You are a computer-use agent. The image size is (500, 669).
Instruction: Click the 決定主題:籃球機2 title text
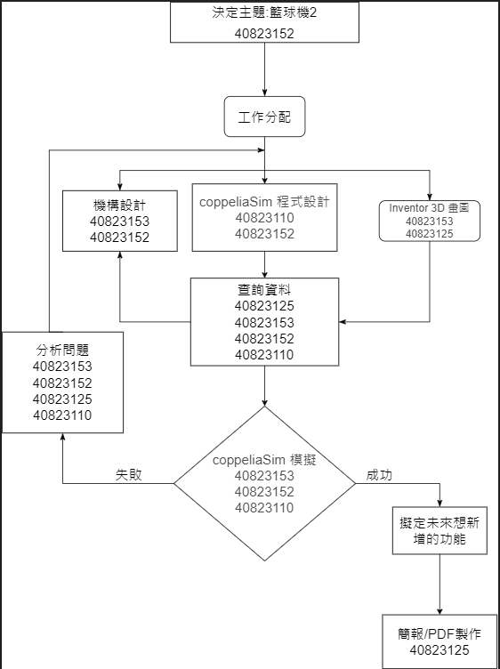pyautogui.click(x=264, y=12)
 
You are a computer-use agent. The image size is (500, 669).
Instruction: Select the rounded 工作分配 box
pyautogui.click(x=264, y=117)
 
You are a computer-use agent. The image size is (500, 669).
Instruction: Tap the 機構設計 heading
pyautogui.click(x=119, y=206)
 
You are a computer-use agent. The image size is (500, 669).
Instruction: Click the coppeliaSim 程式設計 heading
pyautogui.click(x=264, y=202)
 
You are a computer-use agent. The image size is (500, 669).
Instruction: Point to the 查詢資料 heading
pyautogui.click(x=264, y=290)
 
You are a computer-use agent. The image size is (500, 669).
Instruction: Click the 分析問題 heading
pyautogui.click(x=62, y=351)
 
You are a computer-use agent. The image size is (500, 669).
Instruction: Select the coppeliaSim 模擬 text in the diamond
pyautogui.click(x=264, y=460)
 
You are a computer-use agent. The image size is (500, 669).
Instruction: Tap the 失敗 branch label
pyautogui.click(x=129, y=475)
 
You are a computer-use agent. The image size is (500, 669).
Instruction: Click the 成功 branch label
pyautogui.click(x=379, y=475)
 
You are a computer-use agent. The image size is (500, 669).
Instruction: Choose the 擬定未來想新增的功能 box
pyautogui.click(x=440, y=531)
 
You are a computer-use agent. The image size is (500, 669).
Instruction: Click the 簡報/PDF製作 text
pyautogui.click(x=440, y=633)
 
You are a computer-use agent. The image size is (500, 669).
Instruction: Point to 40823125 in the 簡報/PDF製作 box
pyautogui.click(x=440, y=649)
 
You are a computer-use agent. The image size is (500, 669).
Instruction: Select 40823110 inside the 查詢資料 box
pyautogui.click(x=264, y=355)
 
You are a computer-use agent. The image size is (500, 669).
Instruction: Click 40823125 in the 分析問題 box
pyautogui.click(x=62, y=399)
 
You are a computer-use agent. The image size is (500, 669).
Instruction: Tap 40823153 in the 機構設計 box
pyautogui.click(x=119, y=222)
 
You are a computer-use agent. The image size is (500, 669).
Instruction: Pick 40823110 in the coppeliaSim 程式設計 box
pyautogui.click(x=264, y=218)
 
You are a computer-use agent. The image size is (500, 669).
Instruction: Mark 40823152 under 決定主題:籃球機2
pyautogui.click(x=264, y=34)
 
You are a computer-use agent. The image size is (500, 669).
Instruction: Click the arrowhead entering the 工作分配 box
pyautogui.click(x=264, y=93)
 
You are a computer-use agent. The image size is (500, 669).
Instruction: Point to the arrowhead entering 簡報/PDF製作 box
pyautogui.click(x=440, y=610)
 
